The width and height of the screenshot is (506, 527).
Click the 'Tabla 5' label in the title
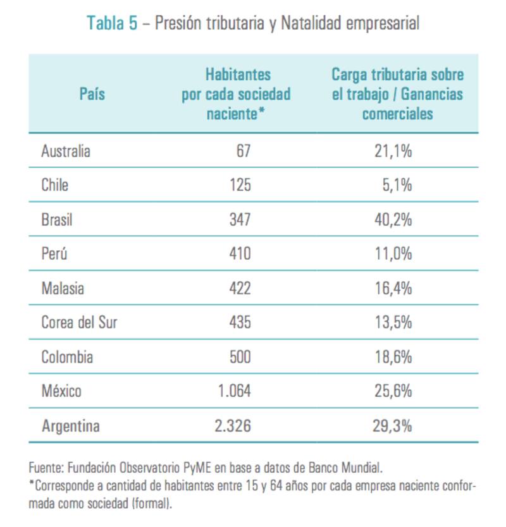[111, 23]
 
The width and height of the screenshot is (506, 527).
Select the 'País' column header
[92, 94]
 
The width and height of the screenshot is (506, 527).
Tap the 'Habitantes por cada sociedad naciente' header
[236, 94]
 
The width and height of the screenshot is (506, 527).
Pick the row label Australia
[66, 151]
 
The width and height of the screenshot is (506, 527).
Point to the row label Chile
[55, 185]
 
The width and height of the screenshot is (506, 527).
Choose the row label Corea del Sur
[79, 322]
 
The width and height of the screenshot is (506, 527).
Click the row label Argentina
[71, 426]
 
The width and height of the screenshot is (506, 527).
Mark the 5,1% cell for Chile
[398, 185]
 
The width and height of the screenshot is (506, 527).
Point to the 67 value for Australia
[244, 151]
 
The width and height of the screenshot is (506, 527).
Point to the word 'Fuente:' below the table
[47, 468]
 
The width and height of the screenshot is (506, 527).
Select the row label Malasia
[63, 288]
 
